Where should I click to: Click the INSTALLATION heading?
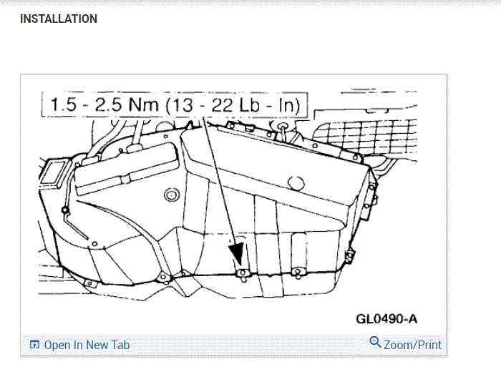(x=59, y=19)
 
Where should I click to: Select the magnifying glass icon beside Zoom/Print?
(x=375, y=342)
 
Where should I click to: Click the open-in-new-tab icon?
(x=34, y=345)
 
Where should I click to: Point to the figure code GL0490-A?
(x=386, y=319)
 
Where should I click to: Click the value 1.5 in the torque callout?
(x=64, y=104)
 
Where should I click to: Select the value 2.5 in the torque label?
(x=108, y=104)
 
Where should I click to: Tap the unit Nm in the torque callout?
(x=144, y=104)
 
